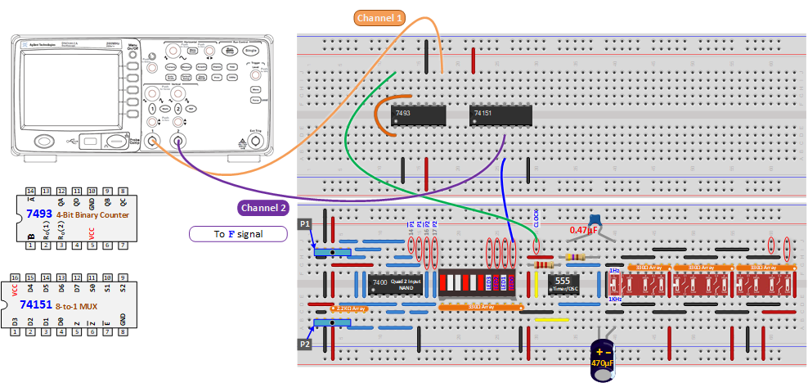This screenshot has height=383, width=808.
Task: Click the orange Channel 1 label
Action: point(379,17)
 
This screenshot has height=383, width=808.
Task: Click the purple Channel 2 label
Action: point(263,208)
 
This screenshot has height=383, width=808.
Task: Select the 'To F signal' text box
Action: point(238,234)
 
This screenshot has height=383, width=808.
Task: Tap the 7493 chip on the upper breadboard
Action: point(419,115)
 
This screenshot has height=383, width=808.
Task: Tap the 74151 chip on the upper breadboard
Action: point(501,115)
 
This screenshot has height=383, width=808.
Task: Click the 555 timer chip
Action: point(563,284)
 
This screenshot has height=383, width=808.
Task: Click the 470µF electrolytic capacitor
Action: point(604,357)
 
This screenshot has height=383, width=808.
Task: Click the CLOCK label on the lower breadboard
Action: point(536,220)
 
